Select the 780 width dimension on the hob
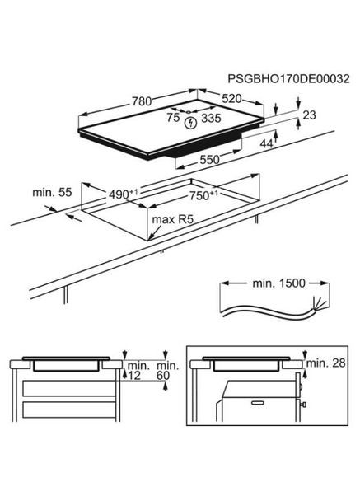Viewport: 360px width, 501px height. coord(142,101)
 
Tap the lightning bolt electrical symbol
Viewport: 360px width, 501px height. coord(192,124)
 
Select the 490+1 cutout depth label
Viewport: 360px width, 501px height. coord(124,194)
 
